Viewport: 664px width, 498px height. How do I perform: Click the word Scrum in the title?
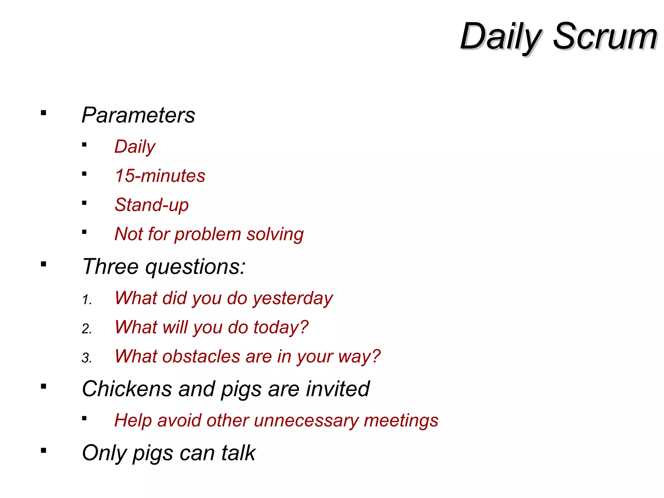pos(605,36)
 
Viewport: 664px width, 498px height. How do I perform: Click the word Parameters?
pos(138,115)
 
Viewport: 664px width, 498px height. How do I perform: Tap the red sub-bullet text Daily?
pos(135,147)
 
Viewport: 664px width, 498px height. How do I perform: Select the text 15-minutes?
pos(160,176)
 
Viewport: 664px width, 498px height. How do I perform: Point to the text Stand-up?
pos(152,205)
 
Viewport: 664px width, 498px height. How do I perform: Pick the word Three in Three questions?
pos(111,267)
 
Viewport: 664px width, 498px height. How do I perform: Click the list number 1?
pos(87,300)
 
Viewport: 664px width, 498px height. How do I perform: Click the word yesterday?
pos(293,298)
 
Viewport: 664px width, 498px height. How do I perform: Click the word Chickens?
pos(127,389)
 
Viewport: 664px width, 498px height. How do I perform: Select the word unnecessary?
pos(306,421)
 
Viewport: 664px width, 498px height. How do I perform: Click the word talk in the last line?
pos(239,453)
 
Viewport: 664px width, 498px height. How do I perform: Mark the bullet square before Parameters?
pos(43,113)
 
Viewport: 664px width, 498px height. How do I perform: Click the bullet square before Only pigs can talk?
pos(43,450)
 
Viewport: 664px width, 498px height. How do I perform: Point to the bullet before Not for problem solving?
pos(84,232)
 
